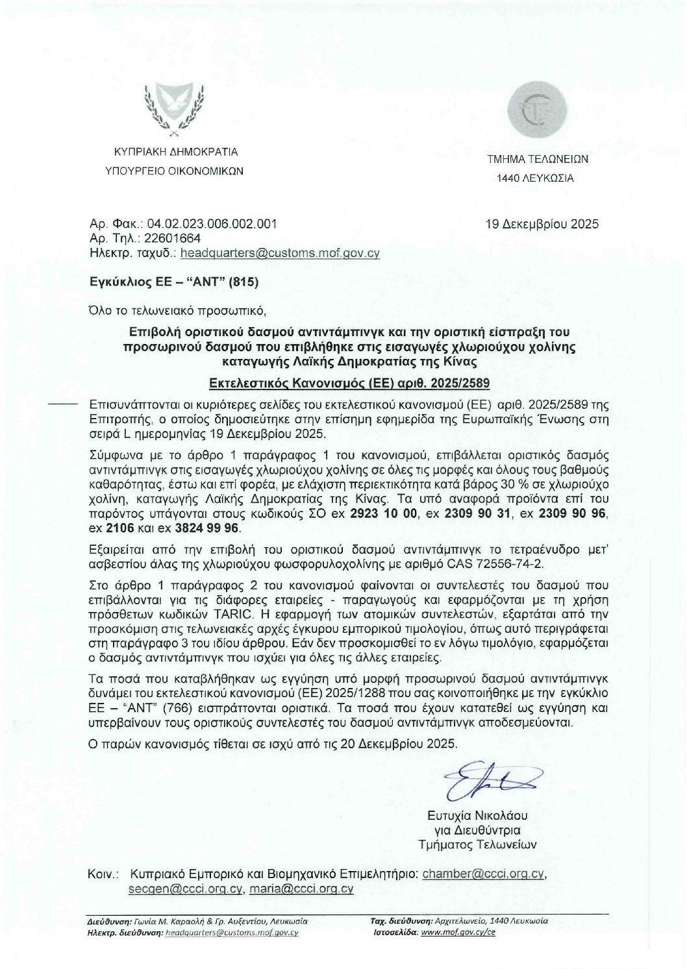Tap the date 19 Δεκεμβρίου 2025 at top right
point(542,225)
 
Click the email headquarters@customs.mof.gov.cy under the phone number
point(280,253)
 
